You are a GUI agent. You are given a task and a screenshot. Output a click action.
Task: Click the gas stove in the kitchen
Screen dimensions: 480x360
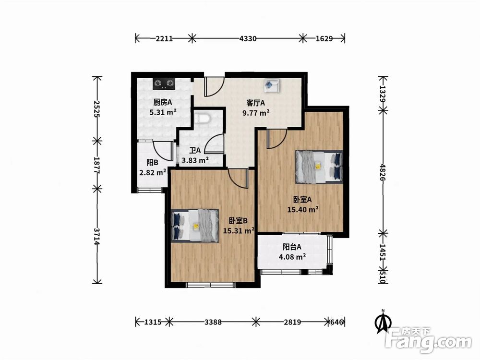pos(164,83)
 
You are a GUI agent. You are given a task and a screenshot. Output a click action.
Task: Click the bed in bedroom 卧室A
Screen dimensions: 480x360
pos(319,167)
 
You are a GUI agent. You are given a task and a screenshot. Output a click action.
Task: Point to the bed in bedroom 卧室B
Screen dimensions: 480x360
pos(195,226)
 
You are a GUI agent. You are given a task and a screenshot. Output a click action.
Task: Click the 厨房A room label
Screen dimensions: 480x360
pos(163,102)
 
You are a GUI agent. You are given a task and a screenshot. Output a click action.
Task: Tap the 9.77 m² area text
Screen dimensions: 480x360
pos(256,113)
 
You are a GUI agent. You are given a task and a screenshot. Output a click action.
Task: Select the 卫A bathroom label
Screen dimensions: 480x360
pos(195,150)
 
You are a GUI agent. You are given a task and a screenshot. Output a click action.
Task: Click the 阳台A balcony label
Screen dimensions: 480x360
pos(292,247)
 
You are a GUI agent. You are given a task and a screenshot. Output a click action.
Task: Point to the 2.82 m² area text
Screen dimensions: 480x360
pos(153,173)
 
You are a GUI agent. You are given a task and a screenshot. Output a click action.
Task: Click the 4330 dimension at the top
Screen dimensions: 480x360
pos(248,38)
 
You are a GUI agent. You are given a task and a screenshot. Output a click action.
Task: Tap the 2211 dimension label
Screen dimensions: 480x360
pos(164,38)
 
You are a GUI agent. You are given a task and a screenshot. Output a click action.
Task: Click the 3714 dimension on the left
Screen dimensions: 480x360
pos(97,236)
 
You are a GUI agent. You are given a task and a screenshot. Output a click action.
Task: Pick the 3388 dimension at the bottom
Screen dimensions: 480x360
pos(213,322)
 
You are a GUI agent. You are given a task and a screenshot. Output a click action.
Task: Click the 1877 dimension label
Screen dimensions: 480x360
pos(97,165)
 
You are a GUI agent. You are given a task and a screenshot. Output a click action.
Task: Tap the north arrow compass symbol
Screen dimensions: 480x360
pos(383,322)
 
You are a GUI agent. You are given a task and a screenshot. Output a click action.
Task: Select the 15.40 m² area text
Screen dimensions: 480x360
pos(303,209)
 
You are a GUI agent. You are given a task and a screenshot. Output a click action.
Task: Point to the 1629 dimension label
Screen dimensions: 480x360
pos(324,38)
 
